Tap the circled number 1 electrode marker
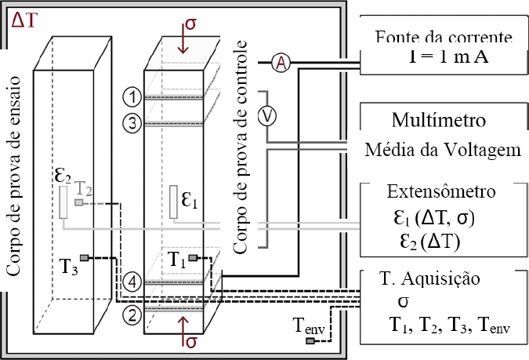pyautogui.click(x=132, y=97)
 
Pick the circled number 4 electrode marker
pyautogui.click(x=132, y=280)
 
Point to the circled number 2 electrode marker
pyautogui.click(x=132, y=315)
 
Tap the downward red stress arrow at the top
pyautogui.click(x=183, y=40)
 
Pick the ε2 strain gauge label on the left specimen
pyautogui.click(x=63, y=176)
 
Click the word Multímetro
pyautogui.click(x=439, y=122)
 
